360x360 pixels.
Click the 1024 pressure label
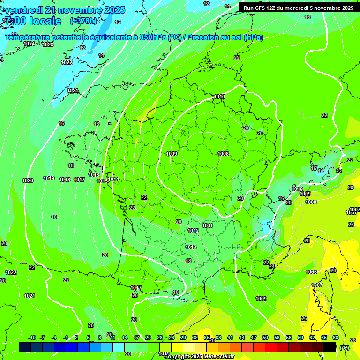coord(29,44)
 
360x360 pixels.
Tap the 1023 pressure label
coord(48,45)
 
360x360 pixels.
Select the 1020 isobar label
coord(28,180)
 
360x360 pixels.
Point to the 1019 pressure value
coord(49,178)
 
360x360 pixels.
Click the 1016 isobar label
coord(94,175)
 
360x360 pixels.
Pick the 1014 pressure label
coord(113,179)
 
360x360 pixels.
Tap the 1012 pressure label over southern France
coord(193,231)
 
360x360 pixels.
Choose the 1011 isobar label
coord(207,225)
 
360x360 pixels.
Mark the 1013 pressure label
coord(191,247)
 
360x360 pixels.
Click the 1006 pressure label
coord(311,272)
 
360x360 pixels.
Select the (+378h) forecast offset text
coord(83,21)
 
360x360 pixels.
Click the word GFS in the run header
coord(261,7)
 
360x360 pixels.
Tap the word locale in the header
coord(45,21)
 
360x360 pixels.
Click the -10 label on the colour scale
coord(32,337)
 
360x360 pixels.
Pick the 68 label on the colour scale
coord(336,337)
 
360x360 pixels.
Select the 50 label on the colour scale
coord(265,337)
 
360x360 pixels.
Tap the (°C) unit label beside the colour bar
coord(345,347)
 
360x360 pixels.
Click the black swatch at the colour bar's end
coord(330,347)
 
